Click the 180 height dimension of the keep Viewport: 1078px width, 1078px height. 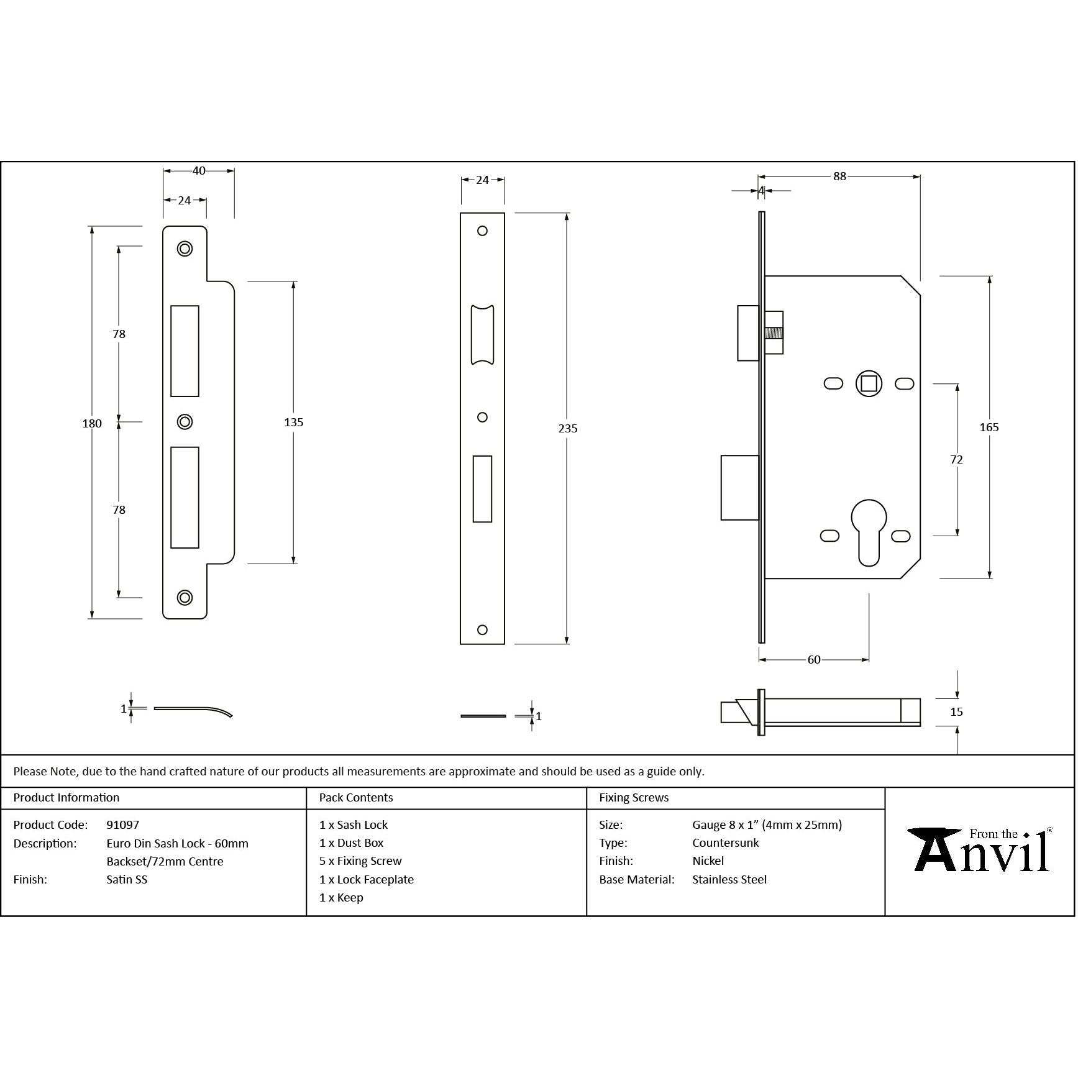tap(92, 423)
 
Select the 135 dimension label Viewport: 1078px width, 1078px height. tap(293, 423)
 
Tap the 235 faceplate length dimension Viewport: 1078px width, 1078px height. tap(567, 428)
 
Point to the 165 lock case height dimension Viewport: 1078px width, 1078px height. tap(989, 427)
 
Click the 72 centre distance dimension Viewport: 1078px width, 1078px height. tap(956, 460)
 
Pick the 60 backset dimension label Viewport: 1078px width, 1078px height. tap(814, 660)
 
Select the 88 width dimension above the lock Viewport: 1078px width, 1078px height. tap(839, 176)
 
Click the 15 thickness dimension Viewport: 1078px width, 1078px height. tap(956, 712)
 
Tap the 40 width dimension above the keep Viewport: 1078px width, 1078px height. tap(199, 171)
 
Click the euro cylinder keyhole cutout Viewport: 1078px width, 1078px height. tap(869, 531)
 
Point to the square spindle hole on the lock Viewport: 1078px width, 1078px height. tap(869, 383)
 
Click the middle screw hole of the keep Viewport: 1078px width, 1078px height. tap(185, 422)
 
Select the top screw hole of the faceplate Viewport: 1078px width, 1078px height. tap(482, 231)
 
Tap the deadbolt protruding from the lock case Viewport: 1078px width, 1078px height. tap(739, 488)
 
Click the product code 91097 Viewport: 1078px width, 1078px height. tap(123, 825)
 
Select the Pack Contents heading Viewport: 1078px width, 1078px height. tap(356, 798)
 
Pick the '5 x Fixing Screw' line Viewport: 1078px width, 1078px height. tap(360, 861)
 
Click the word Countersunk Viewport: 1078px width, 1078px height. tap(725, 843)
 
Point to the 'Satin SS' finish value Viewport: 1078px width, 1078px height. tap(127, 880)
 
